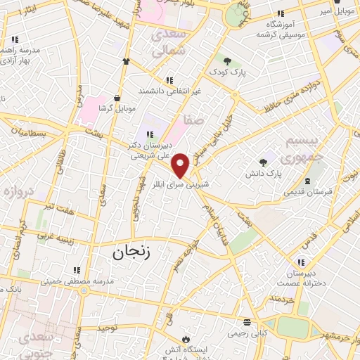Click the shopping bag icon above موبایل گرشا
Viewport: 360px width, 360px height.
tap(116, 98)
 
